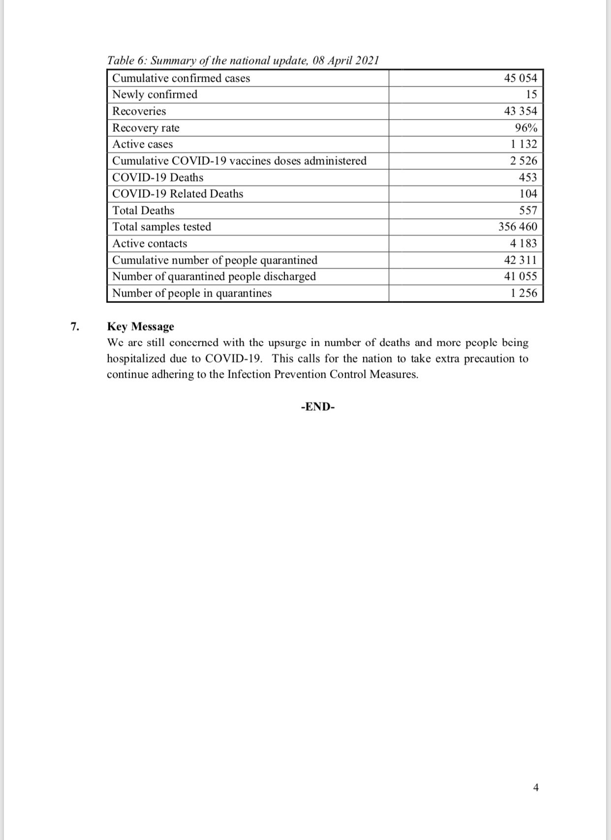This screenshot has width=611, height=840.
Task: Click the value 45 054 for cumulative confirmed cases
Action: click(x=520, y=78)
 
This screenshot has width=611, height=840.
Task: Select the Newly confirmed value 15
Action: click(x=531, y=94)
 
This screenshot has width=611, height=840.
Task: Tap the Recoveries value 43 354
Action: click(x=520, y=111)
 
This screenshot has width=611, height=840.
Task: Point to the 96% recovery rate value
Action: click(x=526, y=128)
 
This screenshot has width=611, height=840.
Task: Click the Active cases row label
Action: click(x=143, y=144)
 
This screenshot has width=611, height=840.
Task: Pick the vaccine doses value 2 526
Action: click(x=523, y=161)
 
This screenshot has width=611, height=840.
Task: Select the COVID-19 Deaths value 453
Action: click(x=528, y=178)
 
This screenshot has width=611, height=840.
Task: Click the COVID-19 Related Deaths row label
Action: click(x=178, y=194)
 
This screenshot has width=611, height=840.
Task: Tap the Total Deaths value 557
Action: click(x=528, y=210)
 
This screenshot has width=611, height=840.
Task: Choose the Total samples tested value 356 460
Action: click(x=518, y=227)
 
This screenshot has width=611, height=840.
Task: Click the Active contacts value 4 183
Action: click(x=523, y=243)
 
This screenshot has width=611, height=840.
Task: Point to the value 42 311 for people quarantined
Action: click(x=520, y=260)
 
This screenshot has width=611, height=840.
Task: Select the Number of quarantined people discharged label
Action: click(x=214, y=276)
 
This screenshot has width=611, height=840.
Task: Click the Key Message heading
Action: click(x=141, y=327)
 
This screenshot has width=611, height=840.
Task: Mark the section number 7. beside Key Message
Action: click(x=75, y=327)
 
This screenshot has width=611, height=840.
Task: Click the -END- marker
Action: click(x=318, y=407)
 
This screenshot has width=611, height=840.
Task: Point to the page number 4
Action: click(x=536, y=787)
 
